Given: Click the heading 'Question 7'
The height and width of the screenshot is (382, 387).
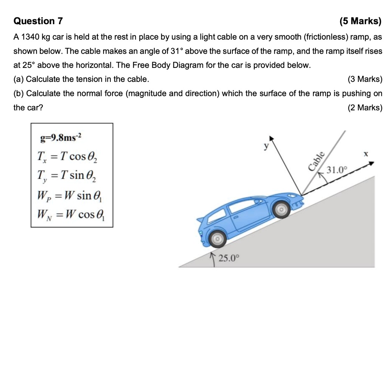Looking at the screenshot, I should pos(38,21).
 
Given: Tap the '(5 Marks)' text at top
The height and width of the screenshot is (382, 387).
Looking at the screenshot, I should pos(361,21).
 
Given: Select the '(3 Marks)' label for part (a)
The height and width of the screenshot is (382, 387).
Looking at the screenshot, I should pos(365,79).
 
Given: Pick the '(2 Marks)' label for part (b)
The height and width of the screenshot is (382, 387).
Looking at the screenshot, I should pos(365,108).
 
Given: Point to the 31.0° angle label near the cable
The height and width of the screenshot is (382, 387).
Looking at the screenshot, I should pos(337,169).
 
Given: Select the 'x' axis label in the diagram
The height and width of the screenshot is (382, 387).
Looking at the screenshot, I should pos(365,154).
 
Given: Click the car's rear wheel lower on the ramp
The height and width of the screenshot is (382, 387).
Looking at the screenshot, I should pos(217,239).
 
